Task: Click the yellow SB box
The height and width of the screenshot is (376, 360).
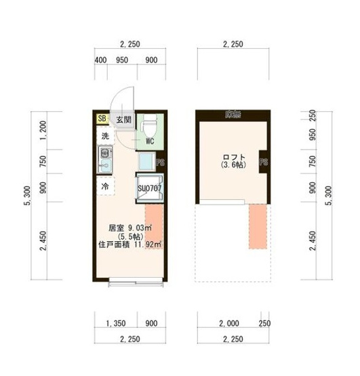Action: click(x=102, y=119)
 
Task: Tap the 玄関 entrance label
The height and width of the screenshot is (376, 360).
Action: click(x=123, y=120)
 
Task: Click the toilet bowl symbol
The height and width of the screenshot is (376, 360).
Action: click(x=151, y=125)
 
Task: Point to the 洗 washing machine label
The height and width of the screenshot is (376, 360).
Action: click(x=105, y=136)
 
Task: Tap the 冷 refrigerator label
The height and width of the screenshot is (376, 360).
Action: click(x=105, y=185)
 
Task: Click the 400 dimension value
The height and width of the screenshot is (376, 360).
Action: click(x=101, y=60)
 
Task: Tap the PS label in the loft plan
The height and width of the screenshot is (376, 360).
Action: click(x=263, y=162)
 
